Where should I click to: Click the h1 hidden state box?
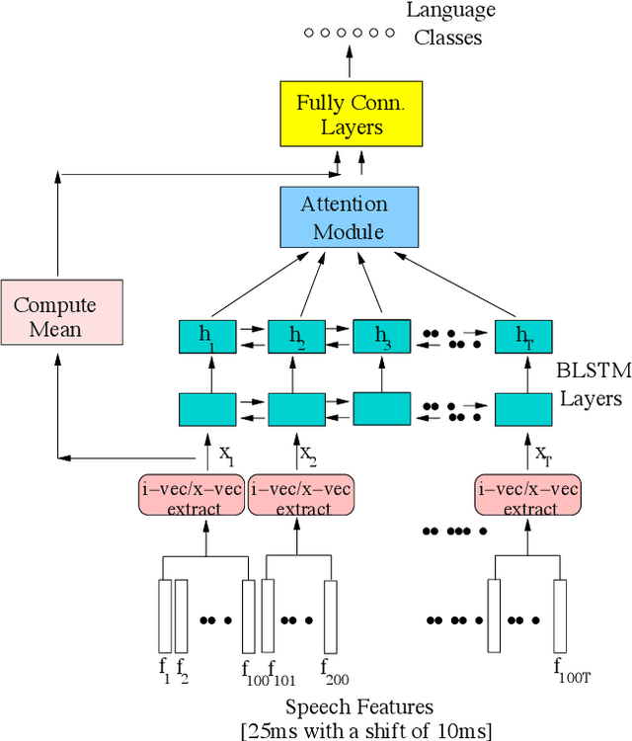207,336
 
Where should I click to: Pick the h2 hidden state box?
296,336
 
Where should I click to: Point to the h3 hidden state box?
381,336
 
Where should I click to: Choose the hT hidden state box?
522,336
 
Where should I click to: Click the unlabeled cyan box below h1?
207,407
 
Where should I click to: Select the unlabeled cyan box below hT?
522,407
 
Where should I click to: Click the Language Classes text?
447,25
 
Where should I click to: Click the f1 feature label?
165,669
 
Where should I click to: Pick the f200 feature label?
333,673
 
